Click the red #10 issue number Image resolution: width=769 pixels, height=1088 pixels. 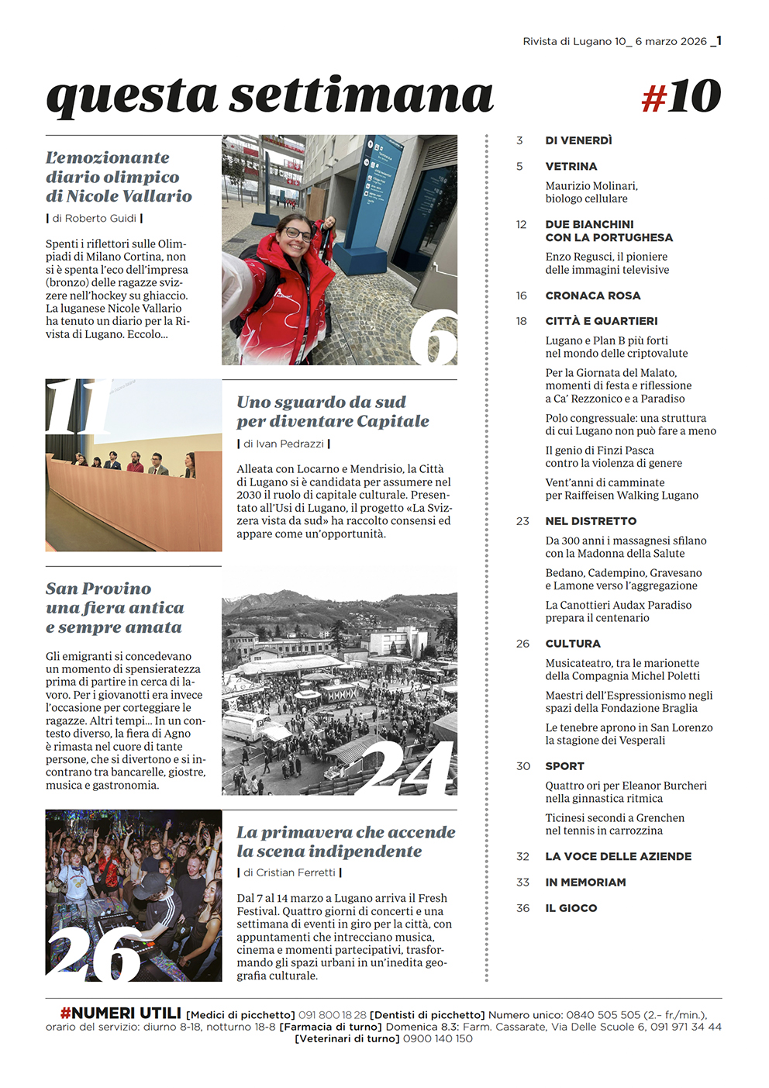click(x=681, y=97)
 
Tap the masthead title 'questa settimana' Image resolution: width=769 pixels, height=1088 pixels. click(x=270, y=96)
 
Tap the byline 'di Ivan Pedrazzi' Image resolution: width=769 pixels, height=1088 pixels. click(x=284, y=444)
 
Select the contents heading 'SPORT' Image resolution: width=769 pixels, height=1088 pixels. click(x=564, y=766)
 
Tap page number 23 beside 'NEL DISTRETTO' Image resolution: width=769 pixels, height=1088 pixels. click(x=522, y=521)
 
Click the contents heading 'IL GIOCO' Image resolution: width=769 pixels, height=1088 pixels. click(x=571, y=908)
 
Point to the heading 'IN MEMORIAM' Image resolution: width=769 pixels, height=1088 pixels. click(x=585, y=882)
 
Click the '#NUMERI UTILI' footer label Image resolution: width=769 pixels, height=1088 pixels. click(x=121, y=1014)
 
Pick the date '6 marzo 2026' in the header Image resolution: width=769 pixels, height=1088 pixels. click(x=671, y=42)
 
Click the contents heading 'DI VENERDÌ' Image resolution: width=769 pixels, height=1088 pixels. click(x=578, y=140)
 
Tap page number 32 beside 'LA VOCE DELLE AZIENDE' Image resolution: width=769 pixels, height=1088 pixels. click(x=522, y=857)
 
